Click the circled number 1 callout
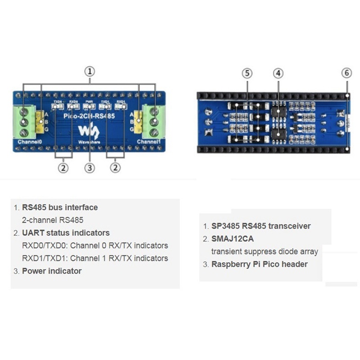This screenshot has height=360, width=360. click(90, 71)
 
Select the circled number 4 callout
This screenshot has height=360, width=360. click(279, 73)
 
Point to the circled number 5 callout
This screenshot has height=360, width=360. click(247, 73)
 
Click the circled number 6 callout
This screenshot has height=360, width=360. click(346, 73)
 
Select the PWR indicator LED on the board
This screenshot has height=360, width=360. click(90, 107)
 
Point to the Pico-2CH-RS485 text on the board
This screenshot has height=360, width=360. click(89, 116)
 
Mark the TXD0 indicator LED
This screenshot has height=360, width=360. click(58, 107)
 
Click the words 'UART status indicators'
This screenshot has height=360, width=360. click(66, 233)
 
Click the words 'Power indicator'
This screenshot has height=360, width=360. click(52, 271)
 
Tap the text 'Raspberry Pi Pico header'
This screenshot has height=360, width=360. click(259, 264)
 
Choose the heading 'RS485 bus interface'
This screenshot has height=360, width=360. click(60, 207)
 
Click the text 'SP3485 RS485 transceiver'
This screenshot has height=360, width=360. click(261, 226)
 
